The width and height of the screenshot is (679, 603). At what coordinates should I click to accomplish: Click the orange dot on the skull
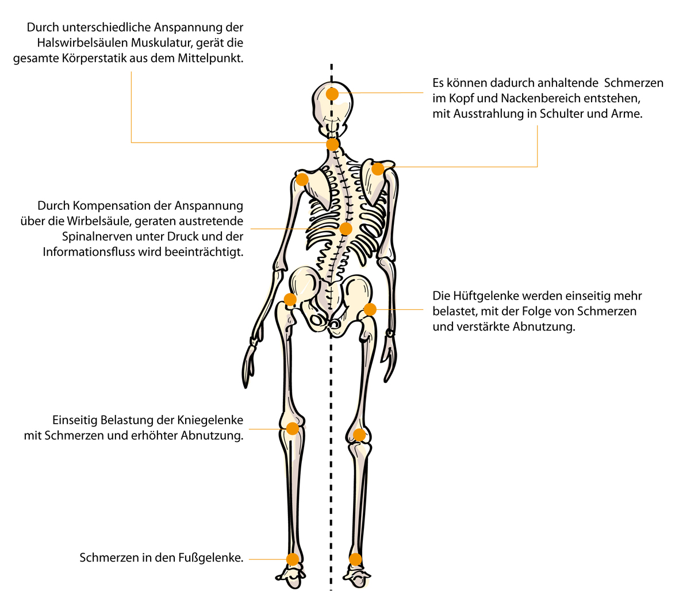(332, 94)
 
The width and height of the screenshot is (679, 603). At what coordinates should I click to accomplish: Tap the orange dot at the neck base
(332, 144)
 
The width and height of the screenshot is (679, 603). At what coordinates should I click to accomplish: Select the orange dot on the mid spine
(346, 229)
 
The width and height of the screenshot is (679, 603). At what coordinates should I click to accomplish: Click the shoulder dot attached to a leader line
(378, 169)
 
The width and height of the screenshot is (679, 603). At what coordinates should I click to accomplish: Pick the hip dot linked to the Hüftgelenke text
(370, 309)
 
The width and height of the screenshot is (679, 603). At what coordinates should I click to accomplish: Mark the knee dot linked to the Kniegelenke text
(292, 429)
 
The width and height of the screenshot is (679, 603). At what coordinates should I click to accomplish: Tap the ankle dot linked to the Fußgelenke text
(292, 559)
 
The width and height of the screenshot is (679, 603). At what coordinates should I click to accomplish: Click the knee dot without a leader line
(359, 434)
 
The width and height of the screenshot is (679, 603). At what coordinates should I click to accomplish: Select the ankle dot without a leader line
(355, 559)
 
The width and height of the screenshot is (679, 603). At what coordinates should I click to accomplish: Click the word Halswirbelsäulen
(82, 43)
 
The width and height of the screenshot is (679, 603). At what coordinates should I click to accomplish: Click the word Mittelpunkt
(210, 59)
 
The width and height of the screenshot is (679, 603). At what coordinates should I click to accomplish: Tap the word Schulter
(559, 114)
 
